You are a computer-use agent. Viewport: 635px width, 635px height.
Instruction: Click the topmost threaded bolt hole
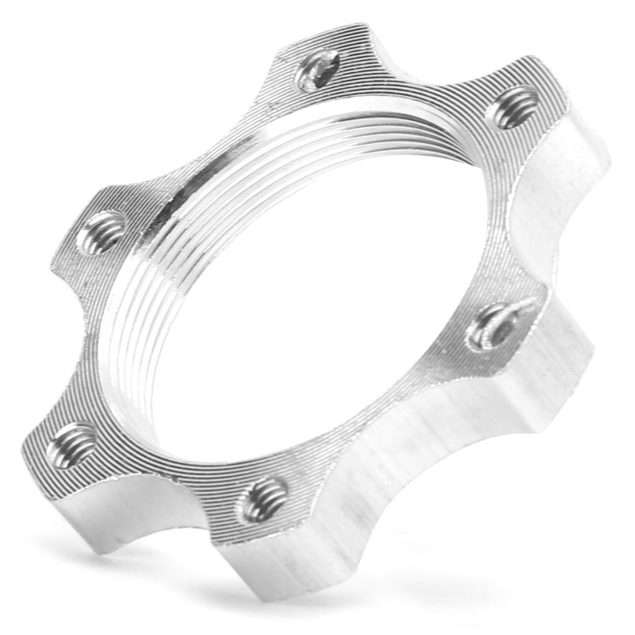pyautogui.click(x=317, y=70)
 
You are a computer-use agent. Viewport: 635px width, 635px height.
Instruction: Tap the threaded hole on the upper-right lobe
pyautogui.click(x=513, y=107)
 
